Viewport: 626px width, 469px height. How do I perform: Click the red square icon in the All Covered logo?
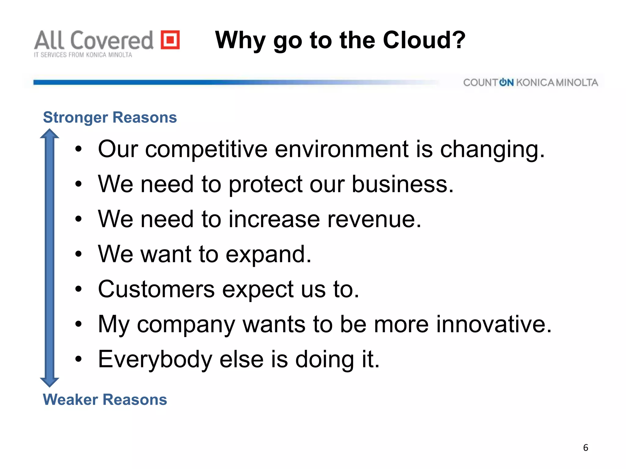click(x=170, y=40)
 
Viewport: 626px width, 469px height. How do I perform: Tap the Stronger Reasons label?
click(x=110, y=118)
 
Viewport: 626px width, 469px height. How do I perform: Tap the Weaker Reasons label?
click(x=105, y=399)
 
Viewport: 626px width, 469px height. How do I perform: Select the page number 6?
click(x=585, y=448)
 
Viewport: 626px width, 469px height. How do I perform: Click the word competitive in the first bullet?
click(x=206, y=150)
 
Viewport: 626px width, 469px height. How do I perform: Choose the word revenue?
click(x=374, y=219)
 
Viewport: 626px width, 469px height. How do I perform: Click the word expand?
click(x=268, y=254)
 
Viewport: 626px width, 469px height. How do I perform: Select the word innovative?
click(x=494, y=324)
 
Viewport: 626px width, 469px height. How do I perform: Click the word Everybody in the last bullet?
click(x=155, y=359)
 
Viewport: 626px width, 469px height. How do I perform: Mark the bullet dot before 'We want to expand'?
click(x=79, y=254)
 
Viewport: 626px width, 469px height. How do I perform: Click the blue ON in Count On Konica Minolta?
click(x=506, y=82)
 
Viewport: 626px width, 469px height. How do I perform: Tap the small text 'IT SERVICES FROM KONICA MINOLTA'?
click(x=83, y=55)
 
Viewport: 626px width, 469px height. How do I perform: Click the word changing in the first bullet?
click(x=492, y=150)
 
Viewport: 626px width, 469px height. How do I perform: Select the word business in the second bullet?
click(x=402, y=184)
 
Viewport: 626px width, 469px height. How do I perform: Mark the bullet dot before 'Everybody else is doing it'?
click(x=79, y=359)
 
